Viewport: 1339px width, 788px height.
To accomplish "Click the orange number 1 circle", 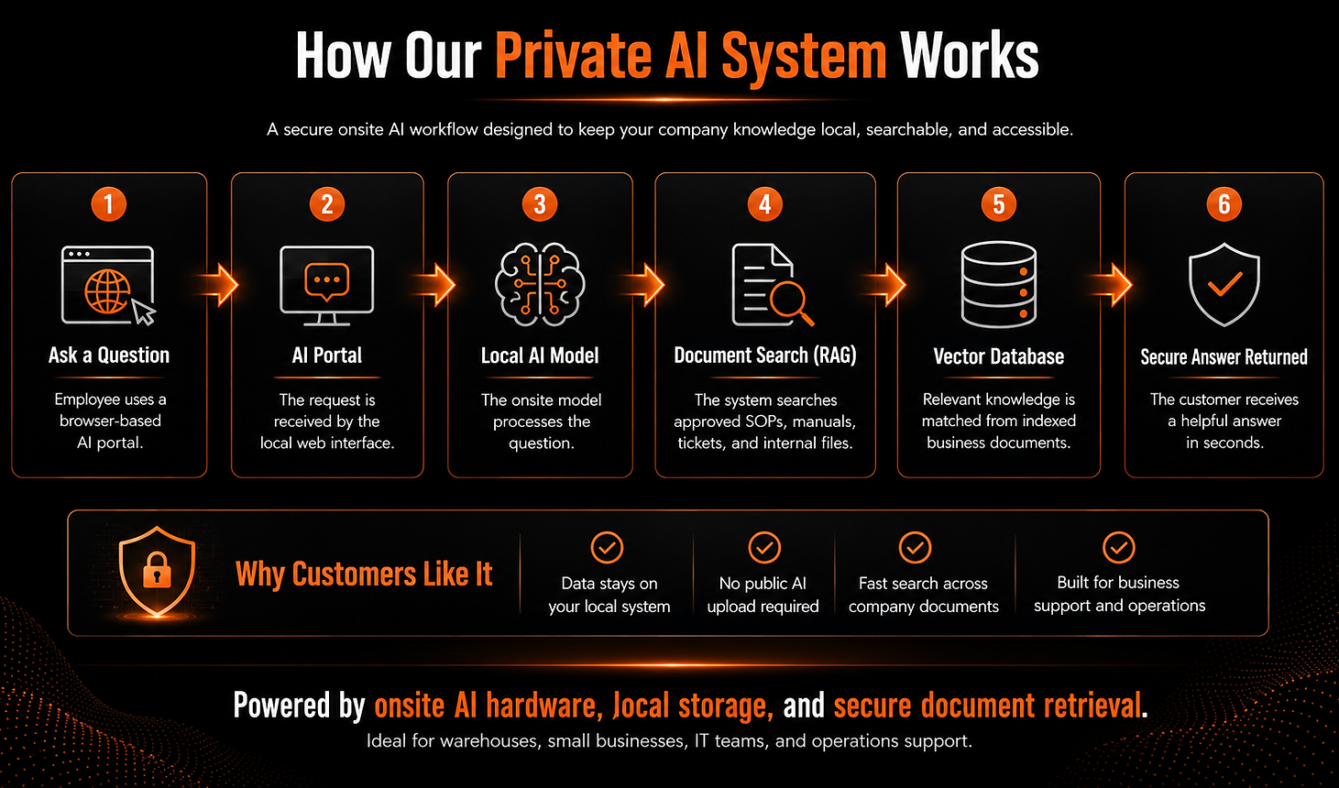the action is tap(109, 204).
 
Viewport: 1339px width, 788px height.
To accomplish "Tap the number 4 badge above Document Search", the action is tap(764, 204).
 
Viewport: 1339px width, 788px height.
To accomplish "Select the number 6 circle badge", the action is tap(1224, 204).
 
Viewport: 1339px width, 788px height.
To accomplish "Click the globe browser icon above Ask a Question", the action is tap(108, 286).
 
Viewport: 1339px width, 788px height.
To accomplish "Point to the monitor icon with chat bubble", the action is tap(327, 286).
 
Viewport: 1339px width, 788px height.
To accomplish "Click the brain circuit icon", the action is tap(540, 284).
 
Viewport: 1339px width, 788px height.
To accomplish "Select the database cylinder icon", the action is tap(998, 284).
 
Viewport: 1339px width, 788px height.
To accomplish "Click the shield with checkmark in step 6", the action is tap(1224, 284).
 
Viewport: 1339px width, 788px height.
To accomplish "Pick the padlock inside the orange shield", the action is tap(158, 570).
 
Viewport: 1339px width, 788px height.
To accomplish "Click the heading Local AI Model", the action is tap(540, 356).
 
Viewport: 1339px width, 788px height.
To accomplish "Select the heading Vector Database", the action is tap(998, 356).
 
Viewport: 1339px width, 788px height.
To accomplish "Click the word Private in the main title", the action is tap(573, 56).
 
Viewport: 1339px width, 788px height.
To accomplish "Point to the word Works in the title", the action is tap(970, 56).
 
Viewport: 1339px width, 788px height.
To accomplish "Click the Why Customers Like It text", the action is tap(364, 575).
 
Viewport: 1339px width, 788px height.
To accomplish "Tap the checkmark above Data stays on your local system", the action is tap(607, 547).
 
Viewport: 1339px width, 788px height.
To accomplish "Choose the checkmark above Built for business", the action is tap(1118, 547).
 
